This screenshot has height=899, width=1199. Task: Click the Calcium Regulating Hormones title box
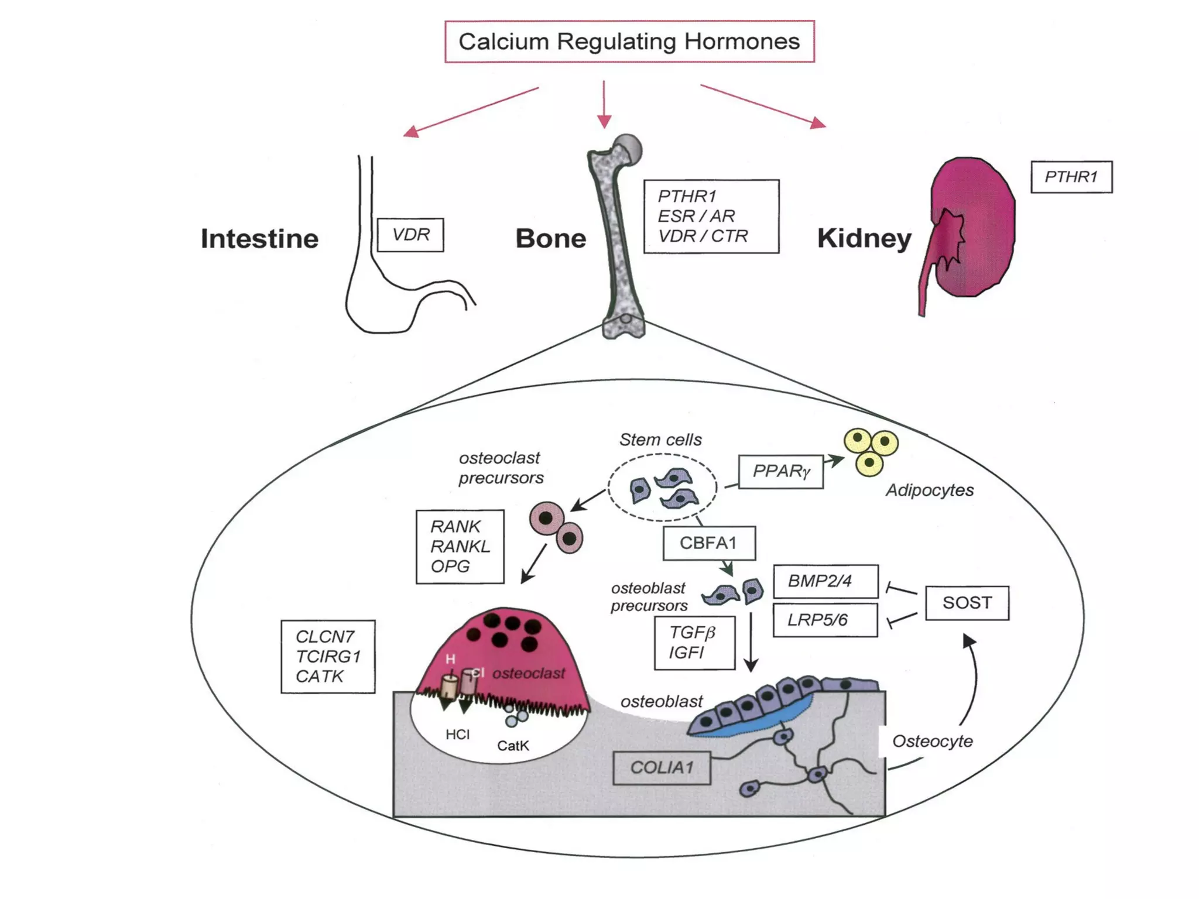[x=629, y=42]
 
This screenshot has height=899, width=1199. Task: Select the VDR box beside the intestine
[x=410, y=235]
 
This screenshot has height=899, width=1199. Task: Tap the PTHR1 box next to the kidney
[x=1071, y=177]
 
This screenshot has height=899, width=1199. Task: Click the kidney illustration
[x=975, y=228]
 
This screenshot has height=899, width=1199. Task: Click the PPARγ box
[x=780, y=471]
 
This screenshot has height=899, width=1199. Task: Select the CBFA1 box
[x=708, y=543]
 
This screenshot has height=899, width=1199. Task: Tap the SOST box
[x=967, y=603]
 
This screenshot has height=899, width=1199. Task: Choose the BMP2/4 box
[x=825, y=581]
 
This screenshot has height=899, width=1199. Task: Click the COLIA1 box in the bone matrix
[x=662, y=768]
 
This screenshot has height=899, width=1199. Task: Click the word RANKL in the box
[x=460, y=547]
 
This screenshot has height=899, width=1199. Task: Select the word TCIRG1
[x=328, y=657]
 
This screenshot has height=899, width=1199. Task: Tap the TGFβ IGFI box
[x=694, y=643]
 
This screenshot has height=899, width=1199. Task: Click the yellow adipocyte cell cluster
[x=871, y=451]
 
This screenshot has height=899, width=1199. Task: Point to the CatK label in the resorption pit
[x=513, y=746]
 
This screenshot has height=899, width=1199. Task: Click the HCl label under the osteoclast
[x=457, y=735]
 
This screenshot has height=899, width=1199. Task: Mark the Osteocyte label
[x=932, y=742]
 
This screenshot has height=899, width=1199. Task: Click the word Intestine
[x=259, y=239]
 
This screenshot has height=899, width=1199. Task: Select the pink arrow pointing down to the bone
[x=604, y=105]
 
